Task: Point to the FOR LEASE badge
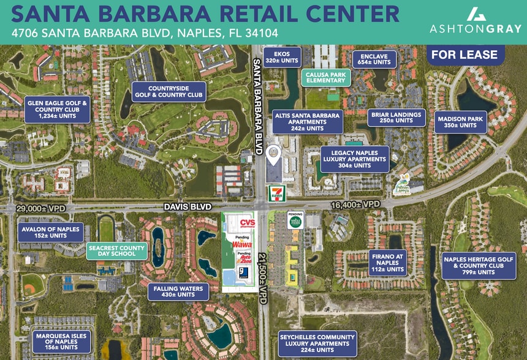click(x=464, y=55)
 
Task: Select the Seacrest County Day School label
click(x=116, y=251)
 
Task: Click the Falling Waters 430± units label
click(x=178, y=291)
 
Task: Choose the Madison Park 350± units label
click(x=461, y=122)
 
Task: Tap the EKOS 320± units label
click(x=282, y=57)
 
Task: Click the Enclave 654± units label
click(x=374, y=59)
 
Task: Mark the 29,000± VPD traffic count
click(x=46, y=208)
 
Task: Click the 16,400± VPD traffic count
click(x=355, y=204)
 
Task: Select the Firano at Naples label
click(x=387, y=262)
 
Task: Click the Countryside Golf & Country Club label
click(x=167, y=91)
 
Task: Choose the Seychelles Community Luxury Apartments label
click(x=317, y=343)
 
